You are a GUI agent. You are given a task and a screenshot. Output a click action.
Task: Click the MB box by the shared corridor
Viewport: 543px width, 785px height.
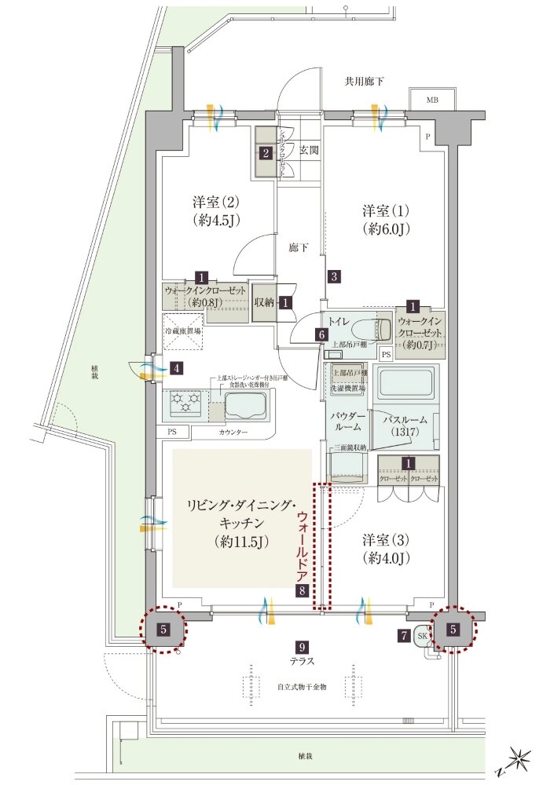[x=433, y=100]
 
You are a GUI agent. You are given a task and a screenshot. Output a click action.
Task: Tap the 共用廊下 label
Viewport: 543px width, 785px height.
[x=365, y=81]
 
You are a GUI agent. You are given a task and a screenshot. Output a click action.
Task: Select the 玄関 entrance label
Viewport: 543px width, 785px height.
[x=309, y=150]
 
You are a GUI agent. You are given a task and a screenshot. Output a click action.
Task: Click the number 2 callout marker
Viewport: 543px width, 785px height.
[x=266, y=153]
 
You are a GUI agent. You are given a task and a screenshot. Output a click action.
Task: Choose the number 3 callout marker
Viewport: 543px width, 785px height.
[x=334, y=276]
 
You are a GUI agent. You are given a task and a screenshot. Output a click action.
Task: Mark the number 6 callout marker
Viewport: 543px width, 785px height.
[x=321, y=334]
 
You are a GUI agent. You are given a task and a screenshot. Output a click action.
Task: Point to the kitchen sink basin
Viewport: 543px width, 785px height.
[x=247, y=406]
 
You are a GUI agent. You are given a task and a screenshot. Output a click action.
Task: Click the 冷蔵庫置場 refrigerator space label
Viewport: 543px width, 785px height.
[x=182, y=332]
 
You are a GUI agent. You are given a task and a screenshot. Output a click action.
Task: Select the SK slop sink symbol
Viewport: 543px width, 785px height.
[x=422, y=636]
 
